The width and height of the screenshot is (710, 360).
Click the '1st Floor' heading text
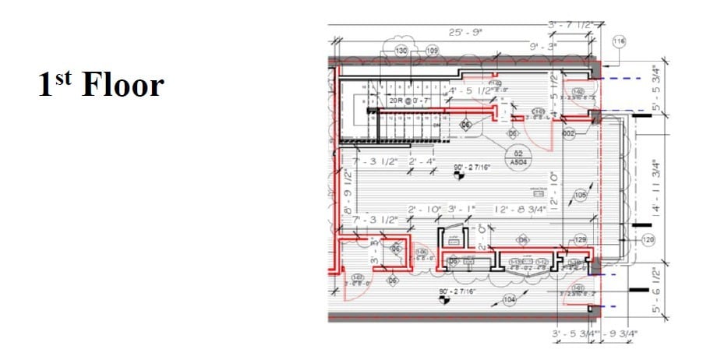point(101,84)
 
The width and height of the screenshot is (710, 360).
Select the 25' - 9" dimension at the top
point(466,32)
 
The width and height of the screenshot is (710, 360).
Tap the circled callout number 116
point(620,41)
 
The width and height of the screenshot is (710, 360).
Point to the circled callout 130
point(402,50)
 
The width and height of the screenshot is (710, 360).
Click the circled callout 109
point(432,50)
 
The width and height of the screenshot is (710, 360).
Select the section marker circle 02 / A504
point(517,157)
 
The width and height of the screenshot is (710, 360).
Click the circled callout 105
point(580,195)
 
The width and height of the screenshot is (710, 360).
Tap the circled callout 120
point(649,239)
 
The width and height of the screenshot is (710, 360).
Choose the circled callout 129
point(581,239)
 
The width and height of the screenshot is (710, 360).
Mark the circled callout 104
point(510,300)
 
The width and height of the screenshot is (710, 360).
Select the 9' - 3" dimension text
point(543,47)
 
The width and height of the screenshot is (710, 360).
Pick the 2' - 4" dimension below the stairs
point(427,161)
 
